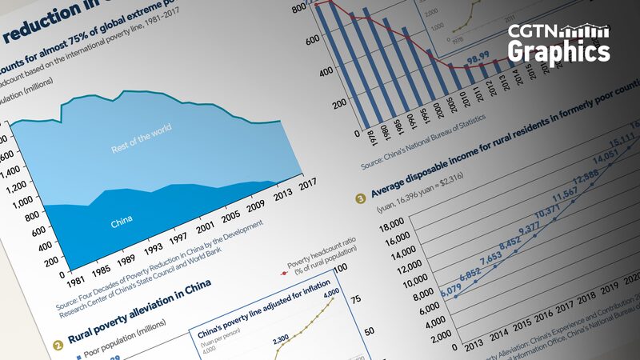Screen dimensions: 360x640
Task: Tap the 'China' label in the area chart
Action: [122, 219]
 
